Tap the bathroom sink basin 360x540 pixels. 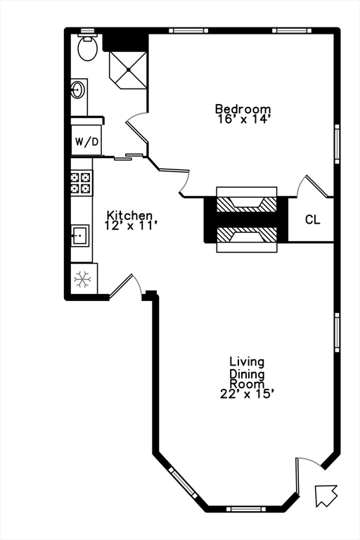(x=78, y=90)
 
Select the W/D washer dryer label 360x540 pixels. (x=87, y=142)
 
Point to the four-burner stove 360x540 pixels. (x=81, y=183)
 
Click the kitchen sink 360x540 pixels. (x=80, y=235)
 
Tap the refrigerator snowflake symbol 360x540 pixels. (x=83, y=279)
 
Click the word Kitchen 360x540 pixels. (x=129, y=215)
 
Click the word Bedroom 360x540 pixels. (x=243, y=109)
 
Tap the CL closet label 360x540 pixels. (x=312, y=220)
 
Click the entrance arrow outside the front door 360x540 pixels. (x=326, y=495)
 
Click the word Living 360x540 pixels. (x=247, y=362)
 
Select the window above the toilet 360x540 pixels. (x=87, y=31)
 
